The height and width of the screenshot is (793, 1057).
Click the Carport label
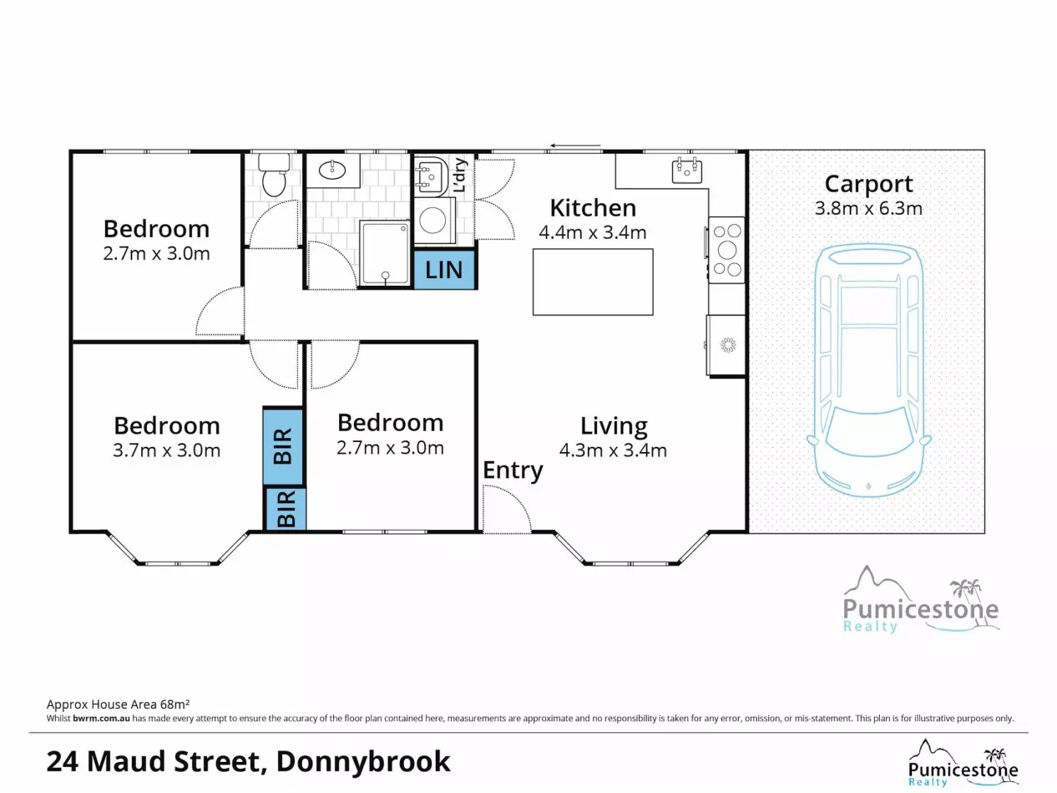point(868,185)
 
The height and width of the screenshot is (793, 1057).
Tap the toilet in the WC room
point(274,175)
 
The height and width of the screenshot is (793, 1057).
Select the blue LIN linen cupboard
point(444,269)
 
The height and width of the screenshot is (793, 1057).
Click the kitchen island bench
point(593,282)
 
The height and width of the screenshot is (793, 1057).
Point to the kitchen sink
point(687,170)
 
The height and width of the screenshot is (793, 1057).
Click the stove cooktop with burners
point(727,250)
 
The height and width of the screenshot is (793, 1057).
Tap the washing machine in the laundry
point(434,220)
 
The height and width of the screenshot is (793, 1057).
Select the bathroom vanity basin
point(333,170)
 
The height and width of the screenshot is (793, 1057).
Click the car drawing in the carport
point(868,370)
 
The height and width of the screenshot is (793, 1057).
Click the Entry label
point(513,470)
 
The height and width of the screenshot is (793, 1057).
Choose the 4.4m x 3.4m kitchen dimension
point(592,232)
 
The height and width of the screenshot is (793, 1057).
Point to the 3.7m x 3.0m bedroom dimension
point(167,450)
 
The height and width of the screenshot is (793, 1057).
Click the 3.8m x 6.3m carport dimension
point(868,209)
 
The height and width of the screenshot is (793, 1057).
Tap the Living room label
point(614,426)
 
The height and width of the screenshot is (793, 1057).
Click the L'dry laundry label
point(461,175)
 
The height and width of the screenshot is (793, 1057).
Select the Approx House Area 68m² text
point(118,704)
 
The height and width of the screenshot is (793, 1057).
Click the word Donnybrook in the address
point(363,762)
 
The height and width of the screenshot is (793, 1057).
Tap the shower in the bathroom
point(385,253)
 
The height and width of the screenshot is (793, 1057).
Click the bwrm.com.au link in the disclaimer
point(101,719)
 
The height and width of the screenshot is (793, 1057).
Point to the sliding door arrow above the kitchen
point(576,145)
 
